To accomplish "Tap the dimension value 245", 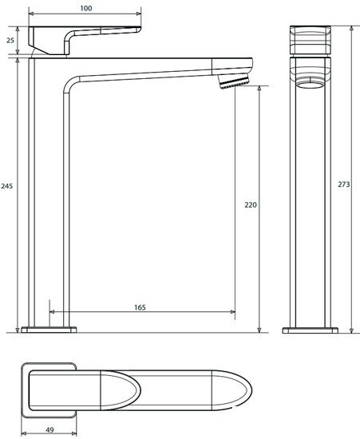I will tap(8, 185).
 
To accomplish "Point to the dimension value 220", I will tap(250, 205).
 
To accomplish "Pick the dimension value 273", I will tap(345, 184).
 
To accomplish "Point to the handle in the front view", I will tap(310, 41).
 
